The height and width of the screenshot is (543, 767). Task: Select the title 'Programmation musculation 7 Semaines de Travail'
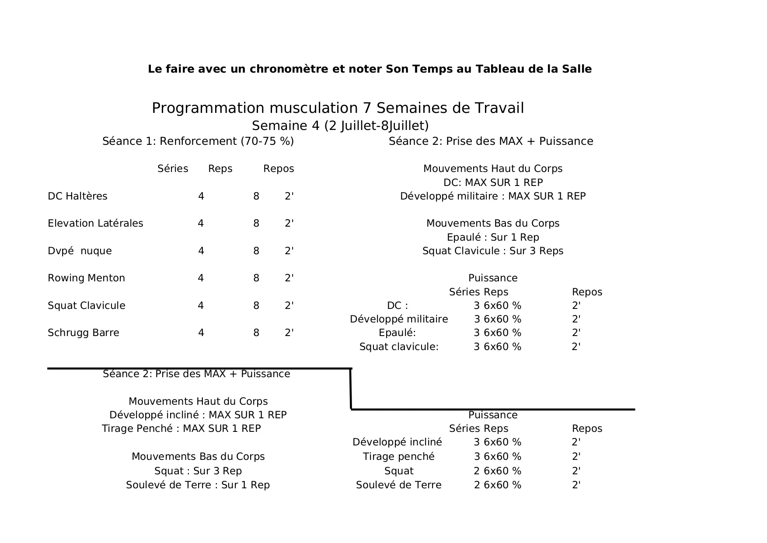(x=338, y=108)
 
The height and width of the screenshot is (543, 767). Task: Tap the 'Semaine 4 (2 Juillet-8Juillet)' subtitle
(x=340, y=126)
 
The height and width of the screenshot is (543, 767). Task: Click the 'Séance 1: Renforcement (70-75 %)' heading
(x=198, y=141)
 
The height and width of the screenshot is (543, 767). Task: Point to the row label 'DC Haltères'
(x=77, y=196)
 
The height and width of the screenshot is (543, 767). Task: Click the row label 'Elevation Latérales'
(x=95, y=224)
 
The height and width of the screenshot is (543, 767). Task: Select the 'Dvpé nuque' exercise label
(x=80, y=251)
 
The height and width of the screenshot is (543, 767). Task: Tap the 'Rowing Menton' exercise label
(x=86, y=278)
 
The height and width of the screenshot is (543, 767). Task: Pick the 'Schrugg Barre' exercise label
(x=83, y=333)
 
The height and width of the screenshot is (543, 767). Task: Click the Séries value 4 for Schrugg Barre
(x=201, y=333)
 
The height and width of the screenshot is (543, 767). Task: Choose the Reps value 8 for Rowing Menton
(x=256, y=278)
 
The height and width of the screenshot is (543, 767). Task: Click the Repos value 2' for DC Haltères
(x=289, y=196)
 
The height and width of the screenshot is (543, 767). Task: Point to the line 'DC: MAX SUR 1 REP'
(x=493, y=182)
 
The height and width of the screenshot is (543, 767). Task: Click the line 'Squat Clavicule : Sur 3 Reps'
(x=493, y=251)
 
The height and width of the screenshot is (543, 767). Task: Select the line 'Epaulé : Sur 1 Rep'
(x=493, y=238)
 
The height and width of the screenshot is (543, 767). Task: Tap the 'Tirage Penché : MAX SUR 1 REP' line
(x=181, y=429)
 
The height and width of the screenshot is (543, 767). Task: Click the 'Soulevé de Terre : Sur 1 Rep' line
(x=198, y=485)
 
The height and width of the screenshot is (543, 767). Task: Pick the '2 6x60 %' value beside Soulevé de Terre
(x=498, y=485)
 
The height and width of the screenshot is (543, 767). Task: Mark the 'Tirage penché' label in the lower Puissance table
(x=399, y=457)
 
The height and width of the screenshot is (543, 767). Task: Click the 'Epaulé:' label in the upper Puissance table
(x=397, y=333)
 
